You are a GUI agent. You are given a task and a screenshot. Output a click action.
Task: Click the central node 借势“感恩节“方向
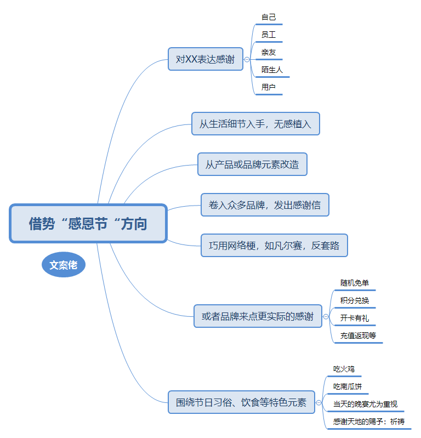pos(88,224)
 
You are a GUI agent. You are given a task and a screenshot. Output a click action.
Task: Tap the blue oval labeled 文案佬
pos(64,265)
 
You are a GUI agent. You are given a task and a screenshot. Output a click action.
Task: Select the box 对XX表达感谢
pos(206,59)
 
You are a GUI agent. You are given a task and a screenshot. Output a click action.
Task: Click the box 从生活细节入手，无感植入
pos(255,124)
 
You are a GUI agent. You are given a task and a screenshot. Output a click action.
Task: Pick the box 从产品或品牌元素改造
pos(252,164)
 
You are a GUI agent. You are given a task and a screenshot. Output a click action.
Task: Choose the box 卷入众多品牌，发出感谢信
pos(265,205)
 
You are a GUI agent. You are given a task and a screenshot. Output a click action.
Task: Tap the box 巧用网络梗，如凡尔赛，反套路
pos(274,245)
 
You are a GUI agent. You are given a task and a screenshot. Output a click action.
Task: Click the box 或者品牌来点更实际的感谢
pos(258,316)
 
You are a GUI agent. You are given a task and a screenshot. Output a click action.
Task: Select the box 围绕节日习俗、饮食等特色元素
pos(241,402)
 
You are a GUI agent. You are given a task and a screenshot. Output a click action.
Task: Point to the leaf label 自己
pos(269,18)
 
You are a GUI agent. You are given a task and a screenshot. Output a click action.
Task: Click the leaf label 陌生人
pos(272,70)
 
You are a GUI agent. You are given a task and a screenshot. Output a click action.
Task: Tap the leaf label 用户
pos(269,87)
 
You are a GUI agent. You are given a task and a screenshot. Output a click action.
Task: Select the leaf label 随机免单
pos(354,283)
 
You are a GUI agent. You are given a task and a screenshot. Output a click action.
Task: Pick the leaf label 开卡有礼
pos(354,318)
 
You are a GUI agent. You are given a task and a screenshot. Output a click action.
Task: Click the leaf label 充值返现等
pos(358,335)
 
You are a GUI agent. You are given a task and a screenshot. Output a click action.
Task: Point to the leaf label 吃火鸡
pos(344,369)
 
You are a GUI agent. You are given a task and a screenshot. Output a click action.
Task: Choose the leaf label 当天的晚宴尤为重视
pos(365,404)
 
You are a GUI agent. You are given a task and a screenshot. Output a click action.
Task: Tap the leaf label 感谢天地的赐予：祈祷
pos(369,422)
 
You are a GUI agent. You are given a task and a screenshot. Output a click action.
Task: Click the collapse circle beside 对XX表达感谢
pos(247,60)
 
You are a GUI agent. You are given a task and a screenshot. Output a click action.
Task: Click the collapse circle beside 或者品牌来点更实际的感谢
pos(326,316)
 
